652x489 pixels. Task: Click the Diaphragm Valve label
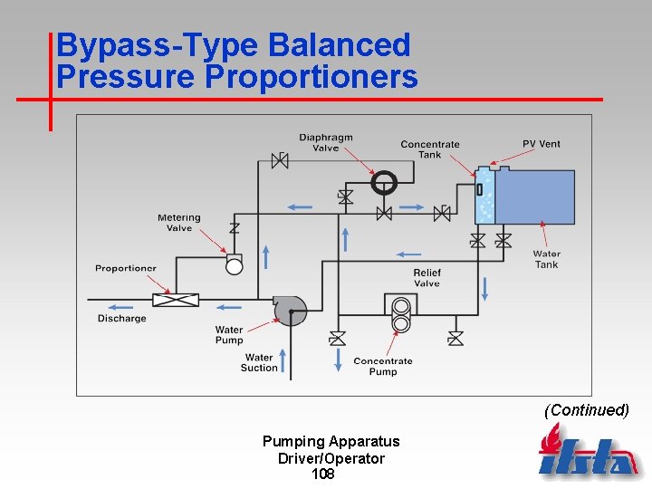(326, 143)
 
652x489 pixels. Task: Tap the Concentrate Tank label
(430, 149)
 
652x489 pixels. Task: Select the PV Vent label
(542, 144)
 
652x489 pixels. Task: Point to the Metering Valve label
(179, 223)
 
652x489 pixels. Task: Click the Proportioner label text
(126, 268)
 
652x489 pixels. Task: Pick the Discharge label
(122, 319)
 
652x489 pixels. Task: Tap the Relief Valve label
(427, 278)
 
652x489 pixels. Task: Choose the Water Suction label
(259, 362)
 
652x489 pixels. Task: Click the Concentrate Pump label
(383, 366)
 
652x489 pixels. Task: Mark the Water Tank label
(546, 259)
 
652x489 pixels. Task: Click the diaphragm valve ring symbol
(384, 182)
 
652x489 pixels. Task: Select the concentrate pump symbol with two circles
(400, 314)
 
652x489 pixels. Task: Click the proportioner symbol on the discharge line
(176, 300)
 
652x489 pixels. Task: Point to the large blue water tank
(534, 197)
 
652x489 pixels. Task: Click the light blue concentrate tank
(484, 197)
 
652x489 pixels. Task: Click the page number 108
(323, 475)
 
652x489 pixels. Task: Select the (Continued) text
(586, 410)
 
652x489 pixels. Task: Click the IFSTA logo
(588, 452)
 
